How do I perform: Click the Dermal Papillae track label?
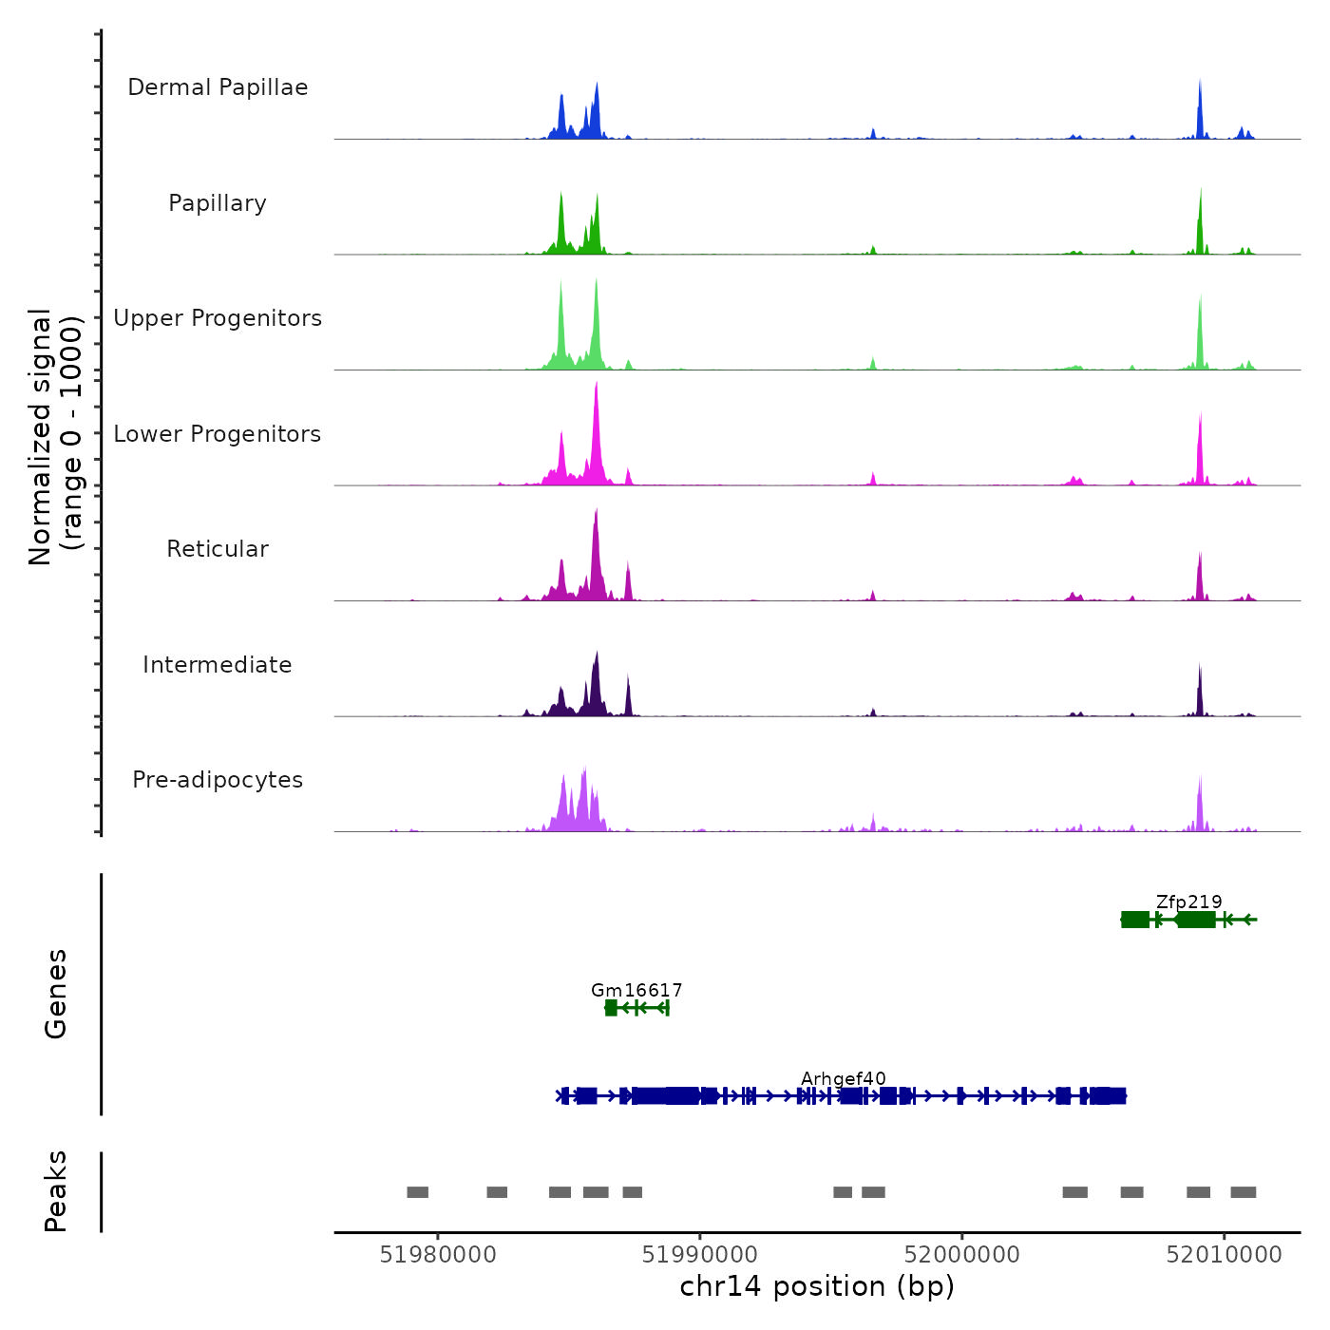(218, 87)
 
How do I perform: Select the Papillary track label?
(218, 203)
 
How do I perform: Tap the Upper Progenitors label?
(218, 318)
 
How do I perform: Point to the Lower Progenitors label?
(218, 434)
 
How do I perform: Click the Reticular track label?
(218, 549)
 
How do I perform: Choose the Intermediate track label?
(218, 665)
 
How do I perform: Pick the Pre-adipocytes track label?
(218, 780)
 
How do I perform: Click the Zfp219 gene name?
(1188, 902)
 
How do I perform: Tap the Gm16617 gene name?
(636, 990)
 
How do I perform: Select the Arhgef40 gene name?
(843, 1078)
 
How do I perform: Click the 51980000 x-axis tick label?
(438, 1254)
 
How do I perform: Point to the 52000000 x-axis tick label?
(962, 1254)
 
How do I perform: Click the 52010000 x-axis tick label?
(1225, 1254)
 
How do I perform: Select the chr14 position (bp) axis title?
(817, 1286)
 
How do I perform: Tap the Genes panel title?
(56, 994)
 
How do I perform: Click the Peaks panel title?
(56, 1191)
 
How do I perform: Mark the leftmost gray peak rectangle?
(417, 1192)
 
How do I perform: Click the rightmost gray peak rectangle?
(1243, 1192)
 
